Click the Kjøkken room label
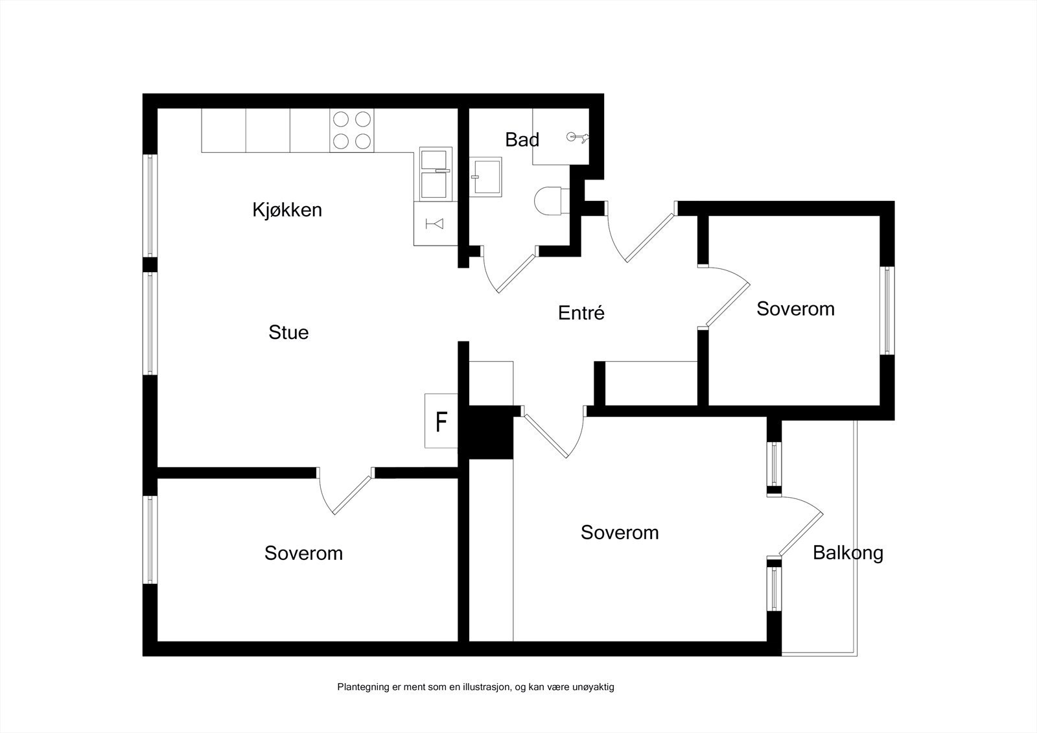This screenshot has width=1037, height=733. (x=287, y=210)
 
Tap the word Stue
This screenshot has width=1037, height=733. (x=288, y=332)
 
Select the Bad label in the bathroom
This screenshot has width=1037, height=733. (x=522, y=140)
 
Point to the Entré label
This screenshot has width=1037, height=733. (x=581, y=312)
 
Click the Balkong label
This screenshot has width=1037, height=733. (x=848, y=553)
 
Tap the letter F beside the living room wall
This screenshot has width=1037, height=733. (x=441, y=422)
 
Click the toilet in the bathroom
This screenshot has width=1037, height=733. (x=552, y=200)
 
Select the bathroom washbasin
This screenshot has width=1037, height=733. (x=485, y=177)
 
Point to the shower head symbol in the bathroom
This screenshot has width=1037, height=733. (x=577, y=137)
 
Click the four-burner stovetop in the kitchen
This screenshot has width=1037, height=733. (x=352, y=130)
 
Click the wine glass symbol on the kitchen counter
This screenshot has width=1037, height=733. (x=435, y=224)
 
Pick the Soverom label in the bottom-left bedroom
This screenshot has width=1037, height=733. (x=303, y=553)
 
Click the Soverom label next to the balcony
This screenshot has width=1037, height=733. (x=620, y=533)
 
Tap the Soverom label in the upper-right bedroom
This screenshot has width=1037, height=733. (x=795, y=309)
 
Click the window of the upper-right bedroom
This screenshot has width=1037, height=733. (x=887, y=310)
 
